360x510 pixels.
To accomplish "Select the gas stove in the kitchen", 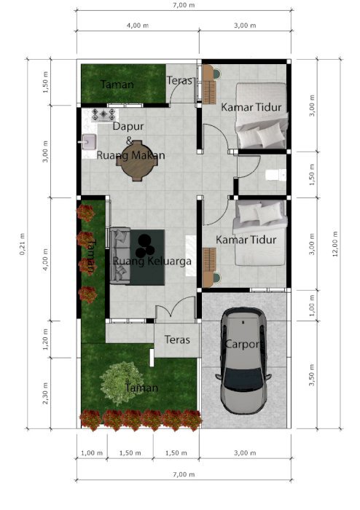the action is pyautogui.click(x=103, y=114).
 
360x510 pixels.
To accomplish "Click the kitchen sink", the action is pyautogui.click(x=88, y=142).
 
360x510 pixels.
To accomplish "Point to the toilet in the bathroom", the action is pyautogui.click(x=275, y=175).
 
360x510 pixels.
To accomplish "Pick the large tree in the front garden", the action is pyautogui.click(x=122, y=383).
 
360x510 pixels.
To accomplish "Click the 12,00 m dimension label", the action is pyautogui.click(x=335, y=244).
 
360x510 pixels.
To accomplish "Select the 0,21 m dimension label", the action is pyautogui.click(x=22, y=244).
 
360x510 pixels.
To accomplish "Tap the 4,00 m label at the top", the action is pyautogui.click(x=138, y=25).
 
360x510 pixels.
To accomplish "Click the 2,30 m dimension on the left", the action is pyautogui.click(x=45, y=393).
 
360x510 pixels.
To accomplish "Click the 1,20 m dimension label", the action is pyautogui.click(x=45, y=340).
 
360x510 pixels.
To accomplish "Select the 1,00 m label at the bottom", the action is pyautogui.click(x=92, y=452).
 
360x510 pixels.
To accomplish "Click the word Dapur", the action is pyautogui.click(x=128, y=126).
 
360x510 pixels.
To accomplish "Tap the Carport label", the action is pyautogui.click(x=242, y=344).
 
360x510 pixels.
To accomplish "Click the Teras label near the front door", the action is pyautogui.click(x=177, y=340).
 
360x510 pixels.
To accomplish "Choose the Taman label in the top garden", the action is pyautogui.click(x=117, y=85).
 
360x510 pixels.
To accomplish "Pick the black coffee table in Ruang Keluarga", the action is pyautogui.click(x=147, y=257).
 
